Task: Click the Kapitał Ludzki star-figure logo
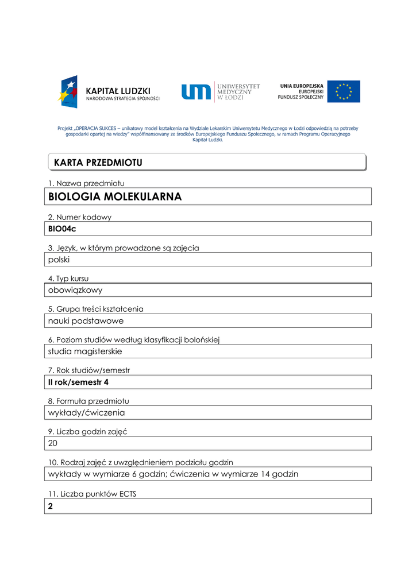[68, 91]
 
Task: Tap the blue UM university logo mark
[197, 92]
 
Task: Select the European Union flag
[344, 91]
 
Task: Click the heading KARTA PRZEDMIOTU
[98, 163]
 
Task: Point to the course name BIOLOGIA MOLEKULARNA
[115, 197]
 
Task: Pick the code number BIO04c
[62, 229]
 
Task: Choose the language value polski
[59, 260]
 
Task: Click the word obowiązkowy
[75, 290]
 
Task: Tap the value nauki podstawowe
[86, 321]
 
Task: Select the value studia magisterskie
[85, 351]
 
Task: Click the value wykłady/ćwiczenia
[86, 413]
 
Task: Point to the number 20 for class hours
[53, 443]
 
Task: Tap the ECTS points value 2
[51, 506]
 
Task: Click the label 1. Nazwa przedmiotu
[86, 183]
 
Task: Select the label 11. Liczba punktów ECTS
[92, 493]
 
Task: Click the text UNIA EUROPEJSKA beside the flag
[302, 86]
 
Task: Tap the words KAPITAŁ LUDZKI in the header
[118, 91]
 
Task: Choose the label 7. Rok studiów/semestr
[89, 370]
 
